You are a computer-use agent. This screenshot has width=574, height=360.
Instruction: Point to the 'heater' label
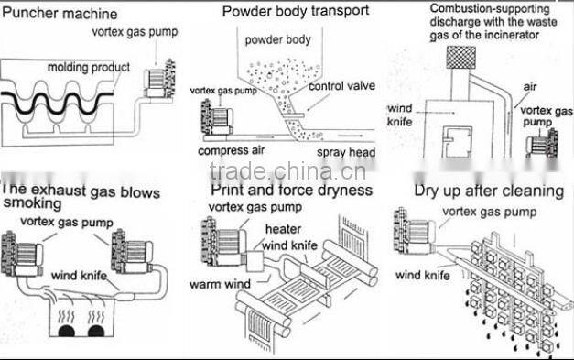click(x=283, y=229)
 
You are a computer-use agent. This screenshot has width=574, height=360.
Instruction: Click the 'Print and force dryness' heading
click(x=291, y=190)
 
